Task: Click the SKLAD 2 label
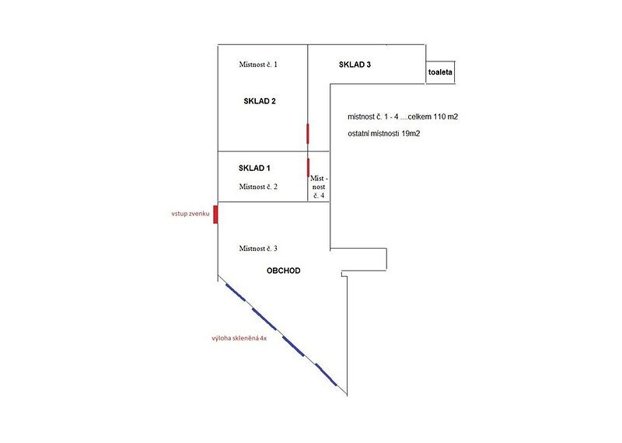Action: (x=260, y=101)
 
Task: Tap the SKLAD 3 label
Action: (x=355, y=65)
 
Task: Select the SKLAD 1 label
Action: (x=254, y=168)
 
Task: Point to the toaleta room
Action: (x=440, y=72)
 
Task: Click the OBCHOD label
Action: (x=283, y=271)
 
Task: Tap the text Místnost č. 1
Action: (x=258, y=65)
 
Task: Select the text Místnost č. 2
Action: (x=258, y=187)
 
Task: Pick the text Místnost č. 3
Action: (x=258, y=248)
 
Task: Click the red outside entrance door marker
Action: (x=215, y=215)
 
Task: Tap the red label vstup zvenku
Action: (x=190, y=214)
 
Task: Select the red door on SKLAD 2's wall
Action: (x=307, y=133)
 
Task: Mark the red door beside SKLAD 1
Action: (x=308, y=167)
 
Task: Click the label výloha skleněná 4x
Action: (x=239, y=338)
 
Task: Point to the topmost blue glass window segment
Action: (x=236, y=292)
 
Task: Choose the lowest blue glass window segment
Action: (x=326, y=375)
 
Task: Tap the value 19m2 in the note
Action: (x=411, y=134)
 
